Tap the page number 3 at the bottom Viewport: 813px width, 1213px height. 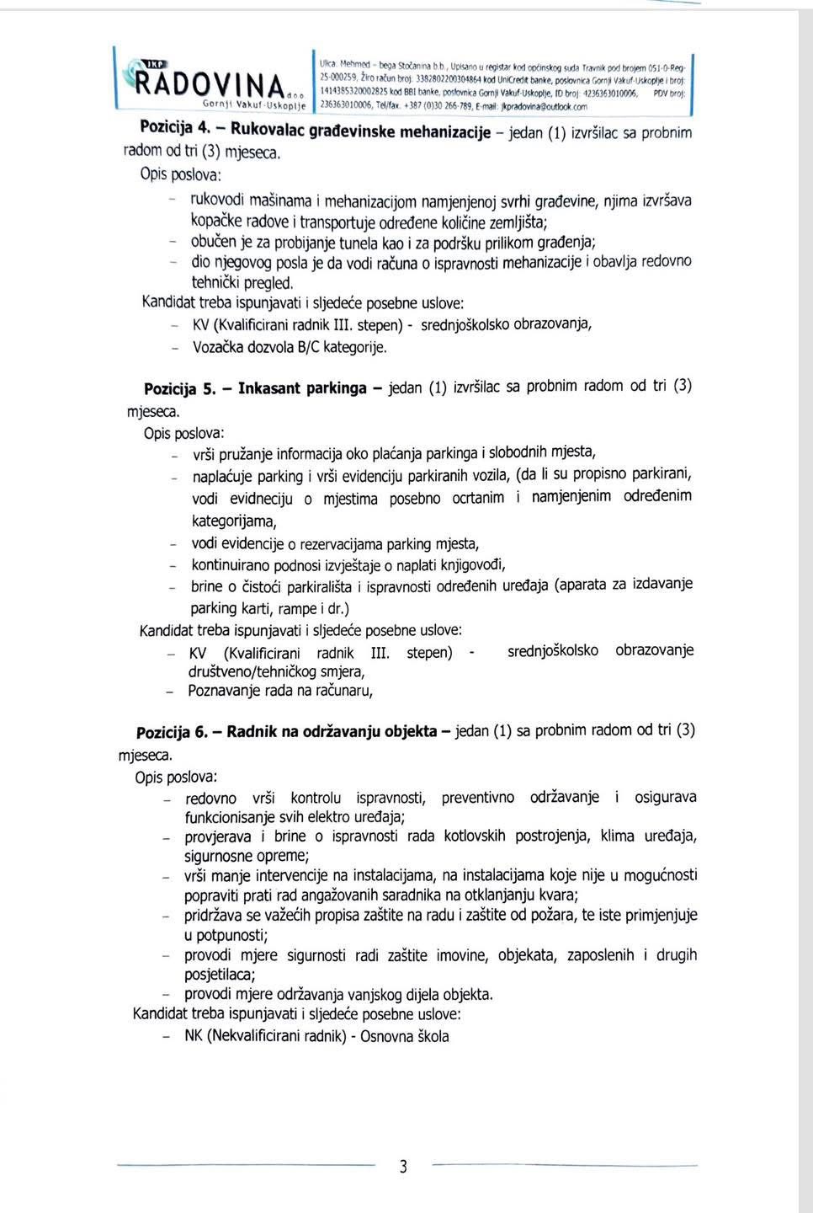pyautogui.click(x=403, y=1167)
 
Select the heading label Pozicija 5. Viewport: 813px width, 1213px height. pyautogui.click(x=179, y=389)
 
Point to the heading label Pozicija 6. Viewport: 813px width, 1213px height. pyautogui.click(x=171, y=732)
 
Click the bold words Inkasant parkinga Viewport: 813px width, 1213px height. pyautogui.click(x=302, y=388)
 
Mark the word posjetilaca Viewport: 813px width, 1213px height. pyautogui.click(x=219, y=975)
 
